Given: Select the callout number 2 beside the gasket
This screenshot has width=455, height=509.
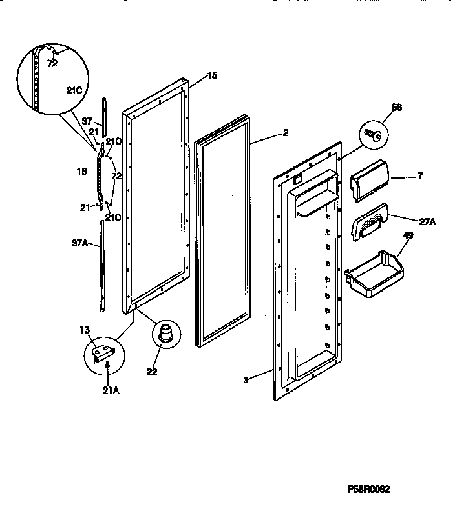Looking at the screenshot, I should [x=285, y=134].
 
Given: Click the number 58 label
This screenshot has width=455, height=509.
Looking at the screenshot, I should [x=396, y=108].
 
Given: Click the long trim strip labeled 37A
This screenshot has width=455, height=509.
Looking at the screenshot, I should [x=101, y=264].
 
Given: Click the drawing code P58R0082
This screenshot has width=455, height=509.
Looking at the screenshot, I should [x=390, y=490].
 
